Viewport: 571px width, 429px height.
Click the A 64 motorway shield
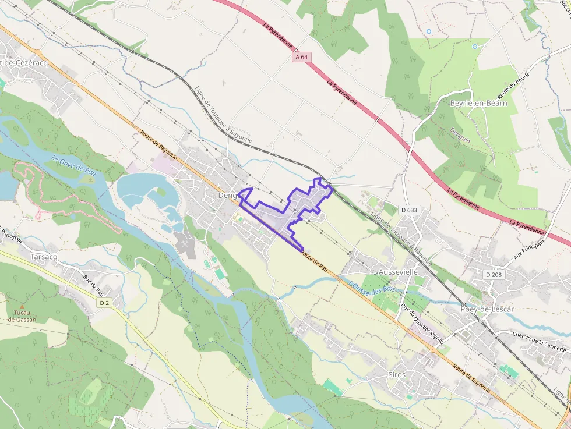[x=301, y=57]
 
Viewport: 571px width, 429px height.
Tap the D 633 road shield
[x=410, y=210]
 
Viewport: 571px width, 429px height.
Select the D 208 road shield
[x=492, y=274]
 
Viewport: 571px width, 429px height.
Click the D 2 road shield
[x=104, y=303]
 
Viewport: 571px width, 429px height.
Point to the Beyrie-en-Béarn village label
[x=478, y=103]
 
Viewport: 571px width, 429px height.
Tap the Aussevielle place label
[x=398, y=272]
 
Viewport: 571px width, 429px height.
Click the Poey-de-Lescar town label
[x=487, y=309]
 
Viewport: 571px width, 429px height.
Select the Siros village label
[x=396, y=375]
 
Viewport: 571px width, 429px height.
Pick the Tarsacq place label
[x=44, y=256]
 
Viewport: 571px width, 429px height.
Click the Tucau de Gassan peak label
[x=22, y=316]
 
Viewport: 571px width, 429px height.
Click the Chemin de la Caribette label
[x=539, y=341]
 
